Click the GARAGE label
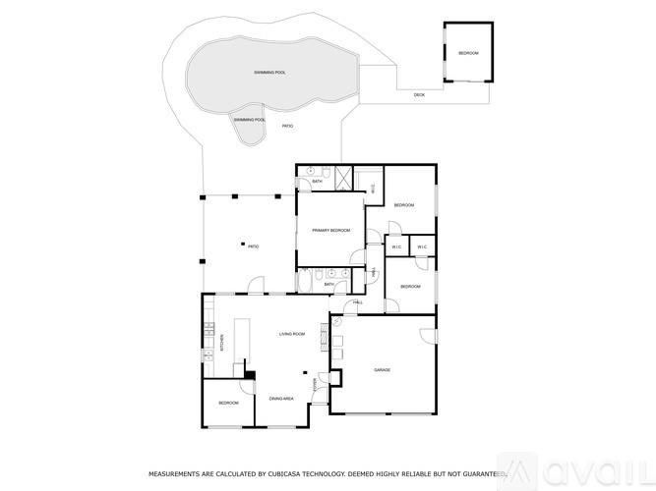click(382, 370)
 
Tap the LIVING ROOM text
click(292, 334)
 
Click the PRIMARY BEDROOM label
click(331, 230)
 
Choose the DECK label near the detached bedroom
click(419, 95)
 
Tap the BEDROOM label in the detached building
click(468, 52)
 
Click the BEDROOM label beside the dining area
click(228, 403)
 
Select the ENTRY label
click(315, 384)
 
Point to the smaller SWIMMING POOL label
click(248, 119)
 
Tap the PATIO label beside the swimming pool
click(288, 127)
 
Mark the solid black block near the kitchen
click(251, 374)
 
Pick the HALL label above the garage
click(358, 302)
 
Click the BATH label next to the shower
click(318, 182)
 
